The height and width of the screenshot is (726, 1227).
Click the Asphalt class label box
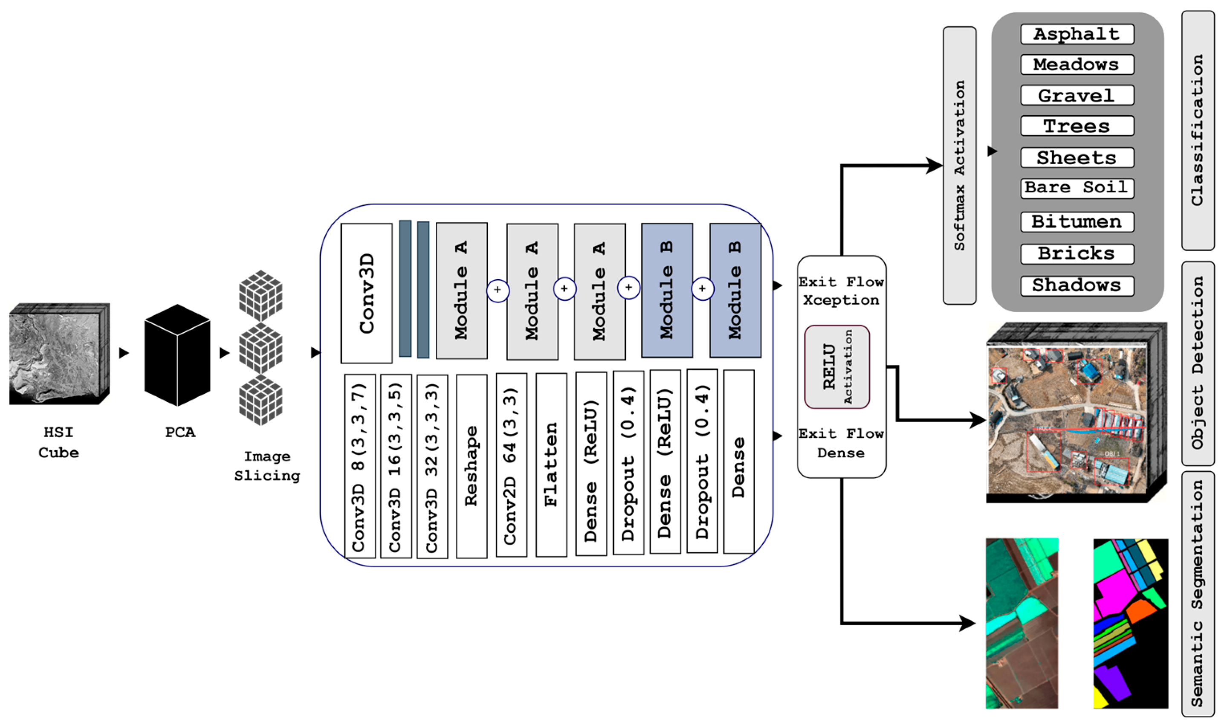pos(1077,34)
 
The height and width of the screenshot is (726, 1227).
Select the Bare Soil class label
pos(1077,188)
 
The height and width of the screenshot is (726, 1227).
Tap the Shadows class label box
pos(1077,286)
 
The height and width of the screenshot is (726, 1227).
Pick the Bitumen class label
pos(1077,222)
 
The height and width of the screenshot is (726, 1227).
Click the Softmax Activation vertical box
pos(959,166)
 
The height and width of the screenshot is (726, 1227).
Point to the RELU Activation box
pos(836,367)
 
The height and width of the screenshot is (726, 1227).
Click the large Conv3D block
pos(366,293)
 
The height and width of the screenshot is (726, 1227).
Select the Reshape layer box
pos(471,466)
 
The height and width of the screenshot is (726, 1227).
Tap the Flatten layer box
pos(551,465)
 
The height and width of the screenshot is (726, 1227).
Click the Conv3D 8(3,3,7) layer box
pos(359,466)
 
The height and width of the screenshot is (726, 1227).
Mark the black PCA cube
pos(177,355)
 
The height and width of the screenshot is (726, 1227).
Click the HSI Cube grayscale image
pos(56,354)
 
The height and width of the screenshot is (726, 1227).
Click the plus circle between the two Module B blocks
pos(702,289)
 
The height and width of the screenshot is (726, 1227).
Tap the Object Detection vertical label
pos(1197,363)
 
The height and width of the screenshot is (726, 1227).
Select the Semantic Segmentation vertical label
pos(1197,594)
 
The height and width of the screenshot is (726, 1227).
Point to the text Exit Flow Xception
pos(841,291)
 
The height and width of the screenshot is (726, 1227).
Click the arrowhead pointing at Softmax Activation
pos(934,166)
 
